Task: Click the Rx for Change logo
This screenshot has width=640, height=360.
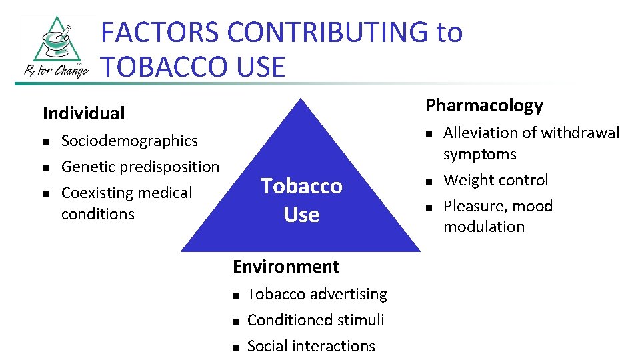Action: tap(51, 47)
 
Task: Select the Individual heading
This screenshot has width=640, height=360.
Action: tap(83, 113)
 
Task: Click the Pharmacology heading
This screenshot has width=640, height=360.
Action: tap(484, 105)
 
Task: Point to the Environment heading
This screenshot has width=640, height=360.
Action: tap(285, 267)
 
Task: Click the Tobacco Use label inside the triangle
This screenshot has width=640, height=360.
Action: tap(301, 200)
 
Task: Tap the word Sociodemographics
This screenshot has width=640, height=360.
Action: tap(129, 141)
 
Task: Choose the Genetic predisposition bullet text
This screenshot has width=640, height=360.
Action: tap(140, 167)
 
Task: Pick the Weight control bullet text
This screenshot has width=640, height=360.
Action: tap(495, 180)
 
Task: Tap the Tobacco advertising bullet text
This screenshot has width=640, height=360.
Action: tap(317, 294)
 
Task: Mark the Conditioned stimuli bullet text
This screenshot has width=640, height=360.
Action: tap(315, 320)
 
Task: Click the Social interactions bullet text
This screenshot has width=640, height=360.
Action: tap(311, 346)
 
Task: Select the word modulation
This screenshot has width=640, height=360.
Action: tap(484, 227)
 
